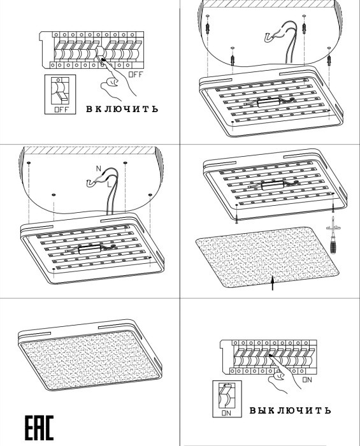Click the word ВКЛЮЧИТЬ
click(x=122, y=109)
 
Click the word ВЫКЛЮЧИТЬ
click(x=291, y=410)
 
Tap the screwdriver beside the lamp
click(x=333, y=234)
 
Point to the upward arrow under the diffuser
click(x=273, y=283)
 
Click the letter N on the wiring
click(x=98, y=169)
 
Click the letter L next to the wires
click(x=109, y=185)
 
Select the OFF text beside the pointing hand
click(x=136, y=75)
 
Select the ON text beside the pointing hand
click(x=307, y=380)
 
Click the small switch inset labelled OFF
click(x=60, y=94)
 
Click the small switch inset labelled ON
click(x=227, y=399)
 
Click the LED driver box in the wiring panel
click(x=89, y=250)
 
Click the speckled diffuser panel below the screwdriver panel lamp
click(x=267, y=257)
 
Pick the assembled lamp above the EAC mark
click(x=90, y=357)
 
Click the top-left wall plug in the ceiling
click(x=208, y=26)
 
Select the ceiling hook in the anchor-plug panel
click(x=269, y=37)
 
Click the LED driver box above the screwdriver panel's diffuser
click(x=273, y=185)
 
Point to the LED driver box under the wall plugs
click(x=269, y=102)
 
